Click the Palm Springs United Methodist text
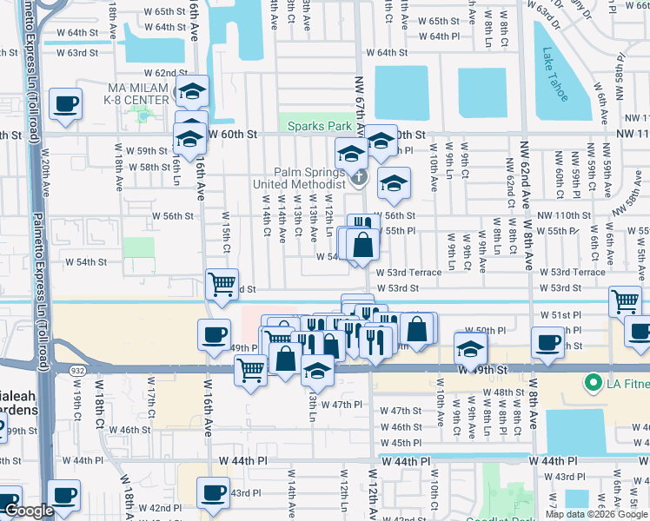pyautogui.click(x=298, y=178)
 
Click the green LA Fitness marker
pyautogui.click(x=594, y=382)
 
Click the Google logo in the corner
pyautogui.click(x=29, y=511)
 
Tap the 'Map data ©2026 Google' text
pyautogui.click(x=595, y=514)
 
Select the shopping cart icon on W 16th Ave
pyautogui.click(x=222, y=284)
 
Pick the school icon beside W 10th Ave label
pyautogui.click(x=470, y=348)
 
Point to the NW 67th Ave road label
pyautogui.click(x=360, y=104)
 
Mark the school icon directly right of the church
pyautogui.click(x=394, y=182)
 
